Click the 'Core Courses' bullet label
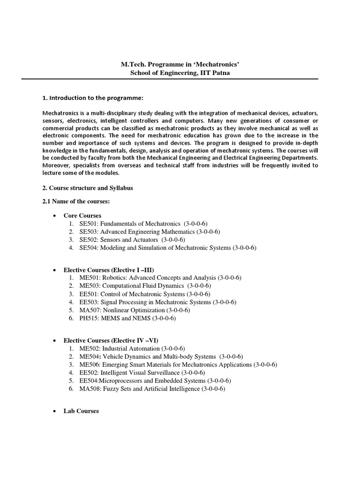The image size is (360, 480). pyautogui.click(x=82, y=216)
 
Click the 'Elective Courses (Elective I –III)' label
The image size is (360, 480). pyautogui.click(x=109, y=270)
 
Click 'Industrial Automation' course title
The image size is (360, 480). pyautogui.click(x=131, y=349)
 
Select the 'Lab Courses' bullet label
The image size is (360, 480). pyautogui.click(x=81, y=411)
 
